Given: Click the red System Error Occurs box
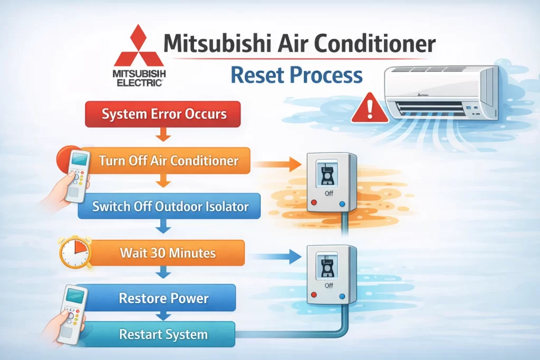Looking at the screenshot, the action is pyautogui.click(x=162, y=114).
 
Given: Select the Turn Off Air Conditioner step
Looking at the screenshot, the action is pyautogui.click(x=165, y=160).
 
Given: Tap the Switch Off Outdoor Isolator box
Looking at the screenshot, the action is pyautogui.click(x=169, y=206).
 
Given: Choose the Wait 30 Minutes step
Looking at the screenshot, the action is pyautogui.click(x=167, y=253).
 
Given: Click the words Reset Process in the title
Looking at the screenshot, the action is pyautogui.click(x=296, y=75).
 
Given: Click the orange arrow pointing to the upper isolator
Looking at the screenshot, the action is pyautogui.click(x=277, y=164).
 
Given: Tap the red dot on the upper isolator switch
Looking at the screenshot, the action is pyautogui.click(x=314, y=202).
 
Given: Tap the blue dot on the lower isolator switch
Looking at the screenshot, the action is pyautogui.click(x=342, y=296).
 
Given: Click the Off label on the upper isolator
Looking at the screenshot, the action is pyautogui.click(x=329, y=193).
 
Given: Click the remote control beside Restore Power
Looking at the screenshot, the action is pyautogui.click(x=72, y=315).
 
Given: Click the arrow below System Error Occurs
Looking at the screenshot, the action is pyautogui.click(x=163, y=134).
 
